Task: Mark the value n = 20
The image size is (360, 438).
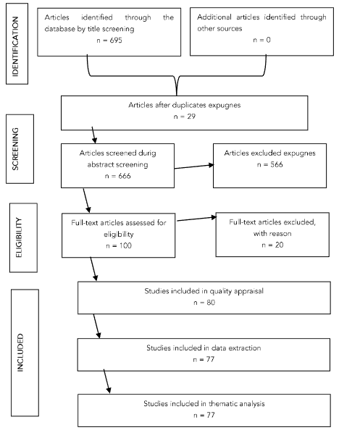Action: [x=268, y=245]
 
